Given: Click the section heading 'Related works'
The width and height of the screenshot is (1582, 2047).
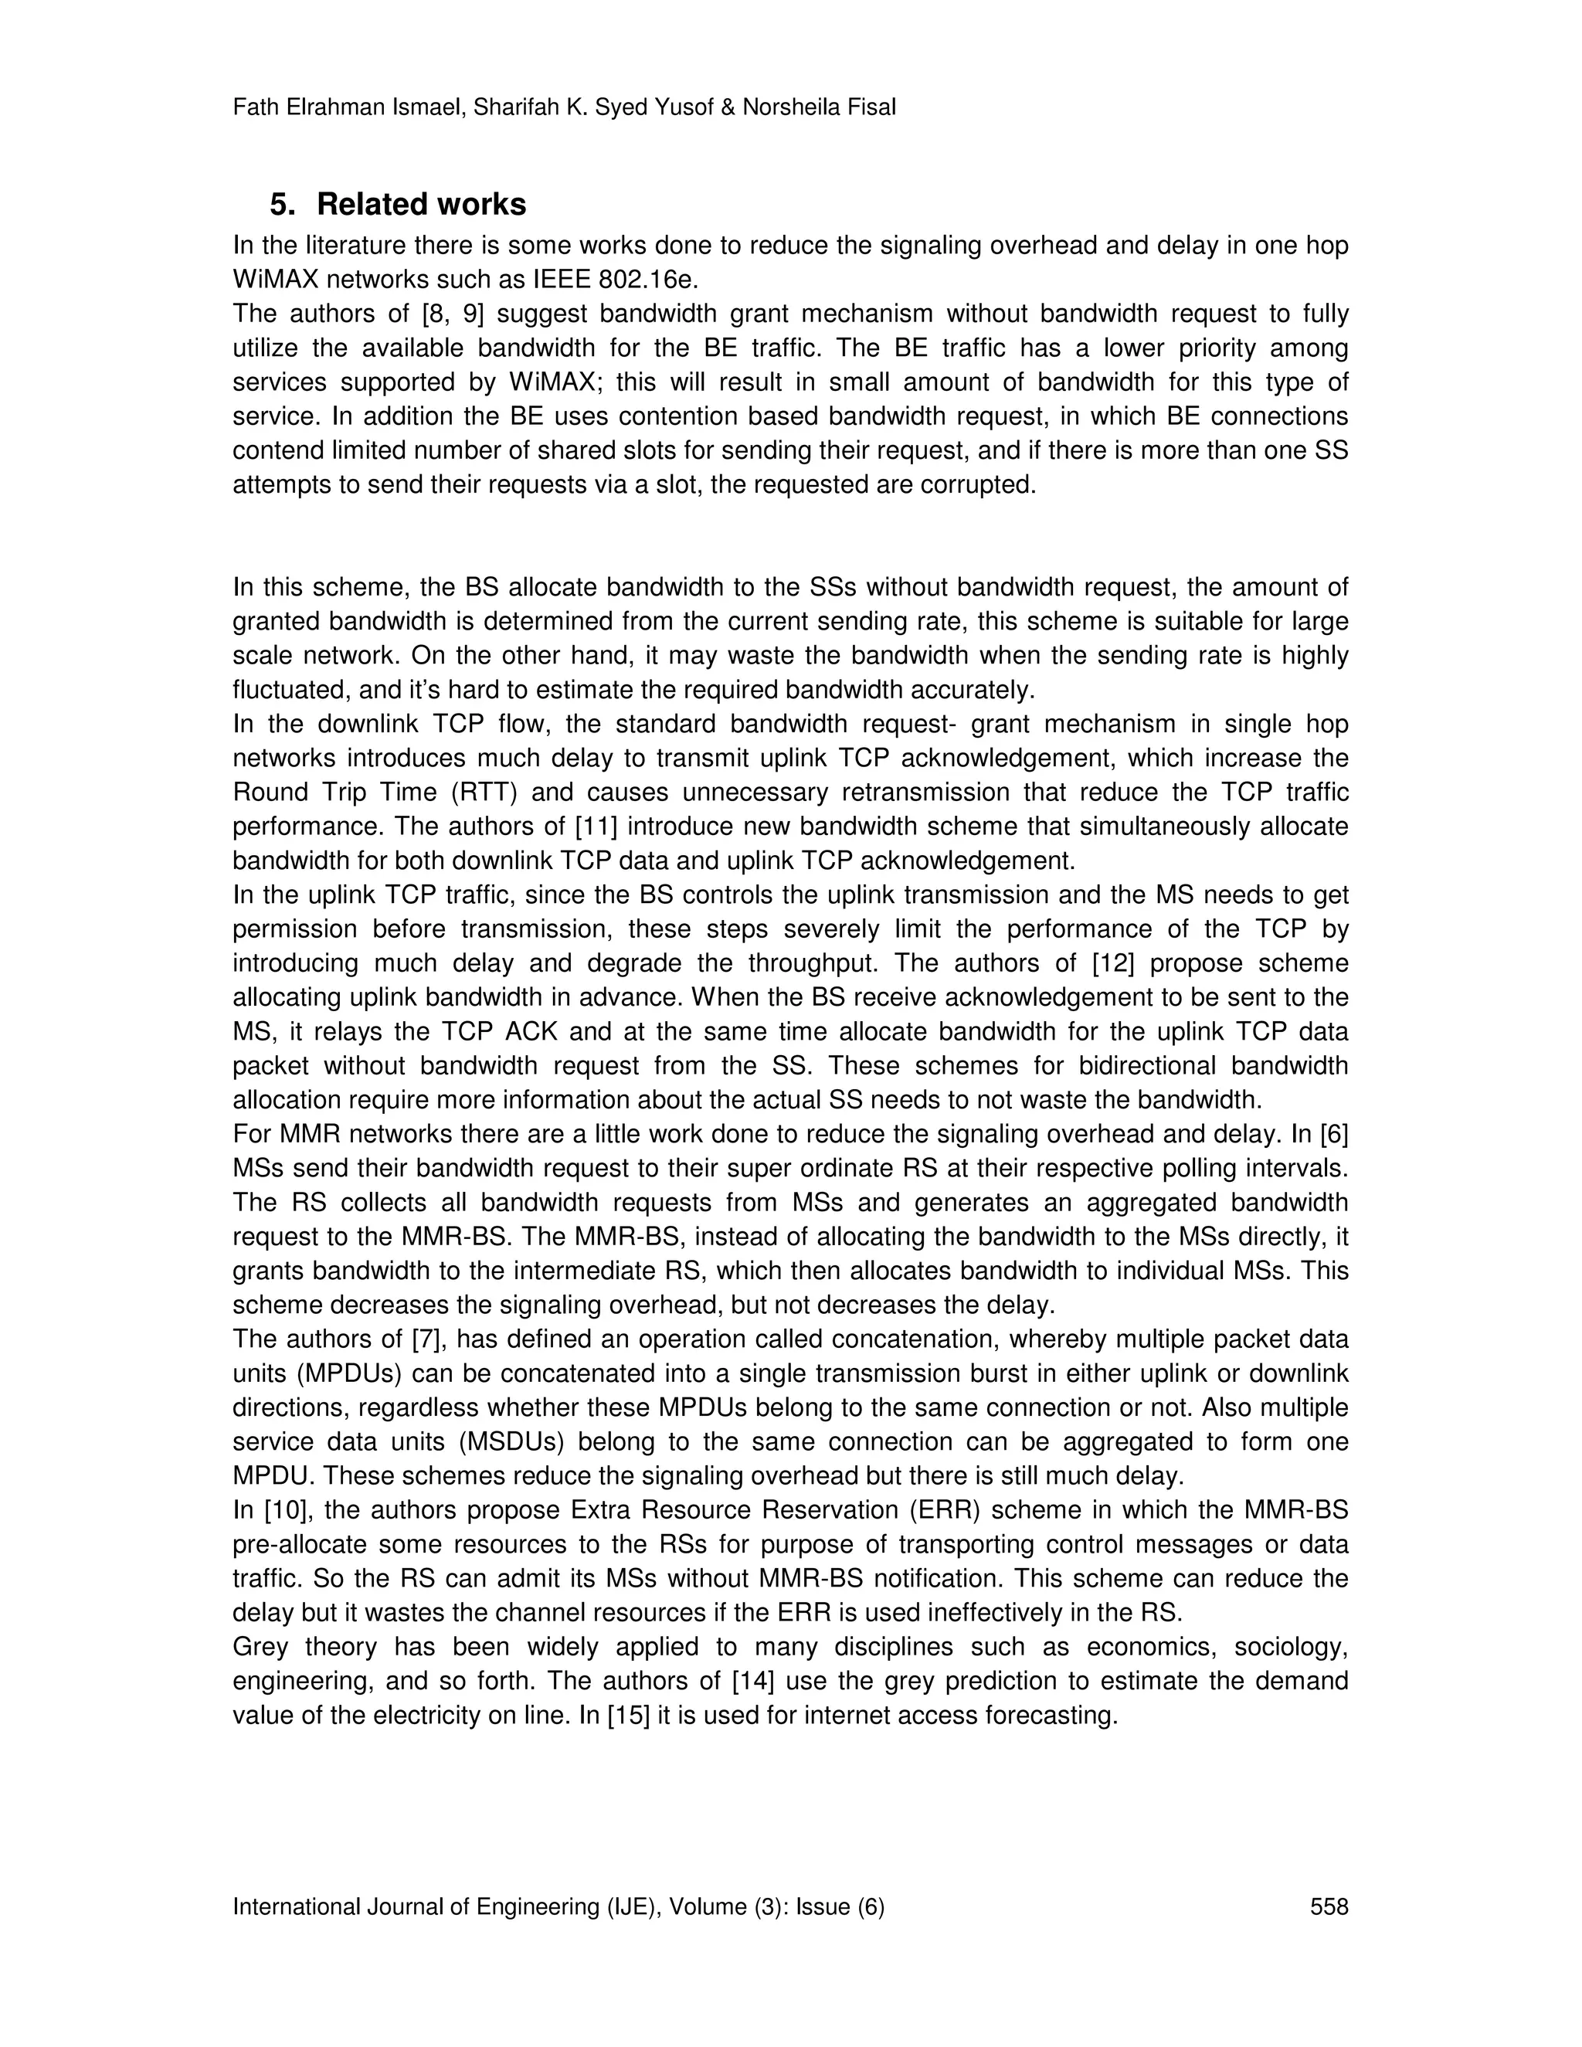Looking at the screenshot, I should (421, 205).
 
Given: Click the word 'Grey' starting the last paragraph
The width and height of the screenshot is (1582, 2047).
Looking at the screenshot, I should (260, 1647).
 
